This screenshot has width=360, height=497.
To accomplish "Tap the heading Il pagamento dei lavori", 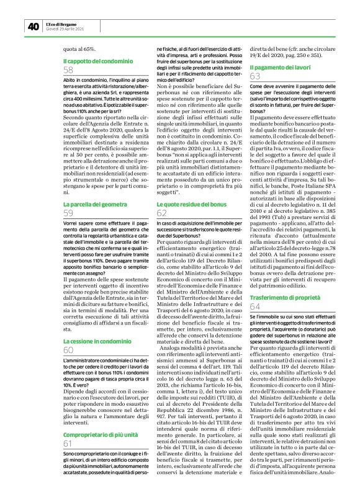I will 280,66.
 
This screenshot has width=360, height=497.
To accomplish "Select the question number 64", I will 255,307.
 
